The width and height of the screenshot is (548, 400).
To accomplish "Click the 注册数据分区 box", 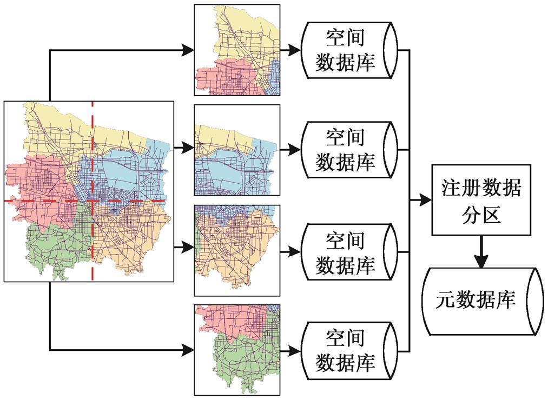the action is coord(481,200).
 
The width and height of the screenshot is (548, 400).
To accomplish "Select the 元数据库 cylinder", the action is coord(483,302).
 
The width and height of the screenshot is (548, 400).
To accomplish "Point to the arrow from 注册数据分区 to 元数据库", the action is coord(481,251).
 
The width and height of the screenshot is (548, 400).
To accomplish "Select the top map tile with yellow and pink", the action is coord(237,50).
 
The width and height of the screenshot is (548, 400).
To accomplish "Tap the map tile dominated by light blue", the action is coord(237,150).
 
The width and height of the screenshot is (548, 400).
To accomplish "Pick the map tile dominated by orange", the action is coord(237,250).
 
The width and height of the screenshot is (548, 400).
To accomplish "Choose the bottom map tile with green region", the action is coord(237,350).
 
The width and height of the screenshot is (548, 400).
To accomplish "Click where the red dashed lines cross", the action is coord(93,201).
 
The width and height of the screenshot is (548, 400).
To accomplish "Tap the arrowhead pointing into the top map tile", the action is coord(188,50).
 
